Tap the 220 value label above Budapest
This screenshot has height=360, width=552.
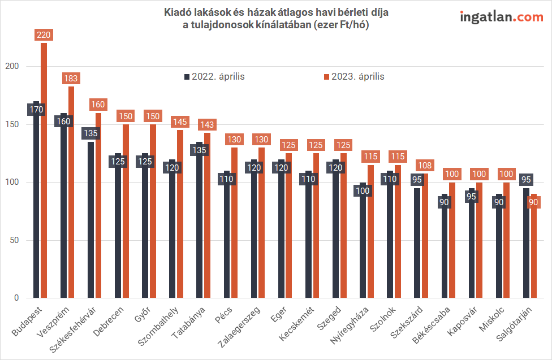coord(44,35)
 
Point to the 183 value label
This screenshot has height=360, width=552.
coord(71,79)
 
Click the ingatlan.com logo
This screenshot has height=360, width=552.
coord(501,16)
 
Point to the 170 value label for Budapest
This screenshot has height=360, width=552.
coord(37,109)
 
